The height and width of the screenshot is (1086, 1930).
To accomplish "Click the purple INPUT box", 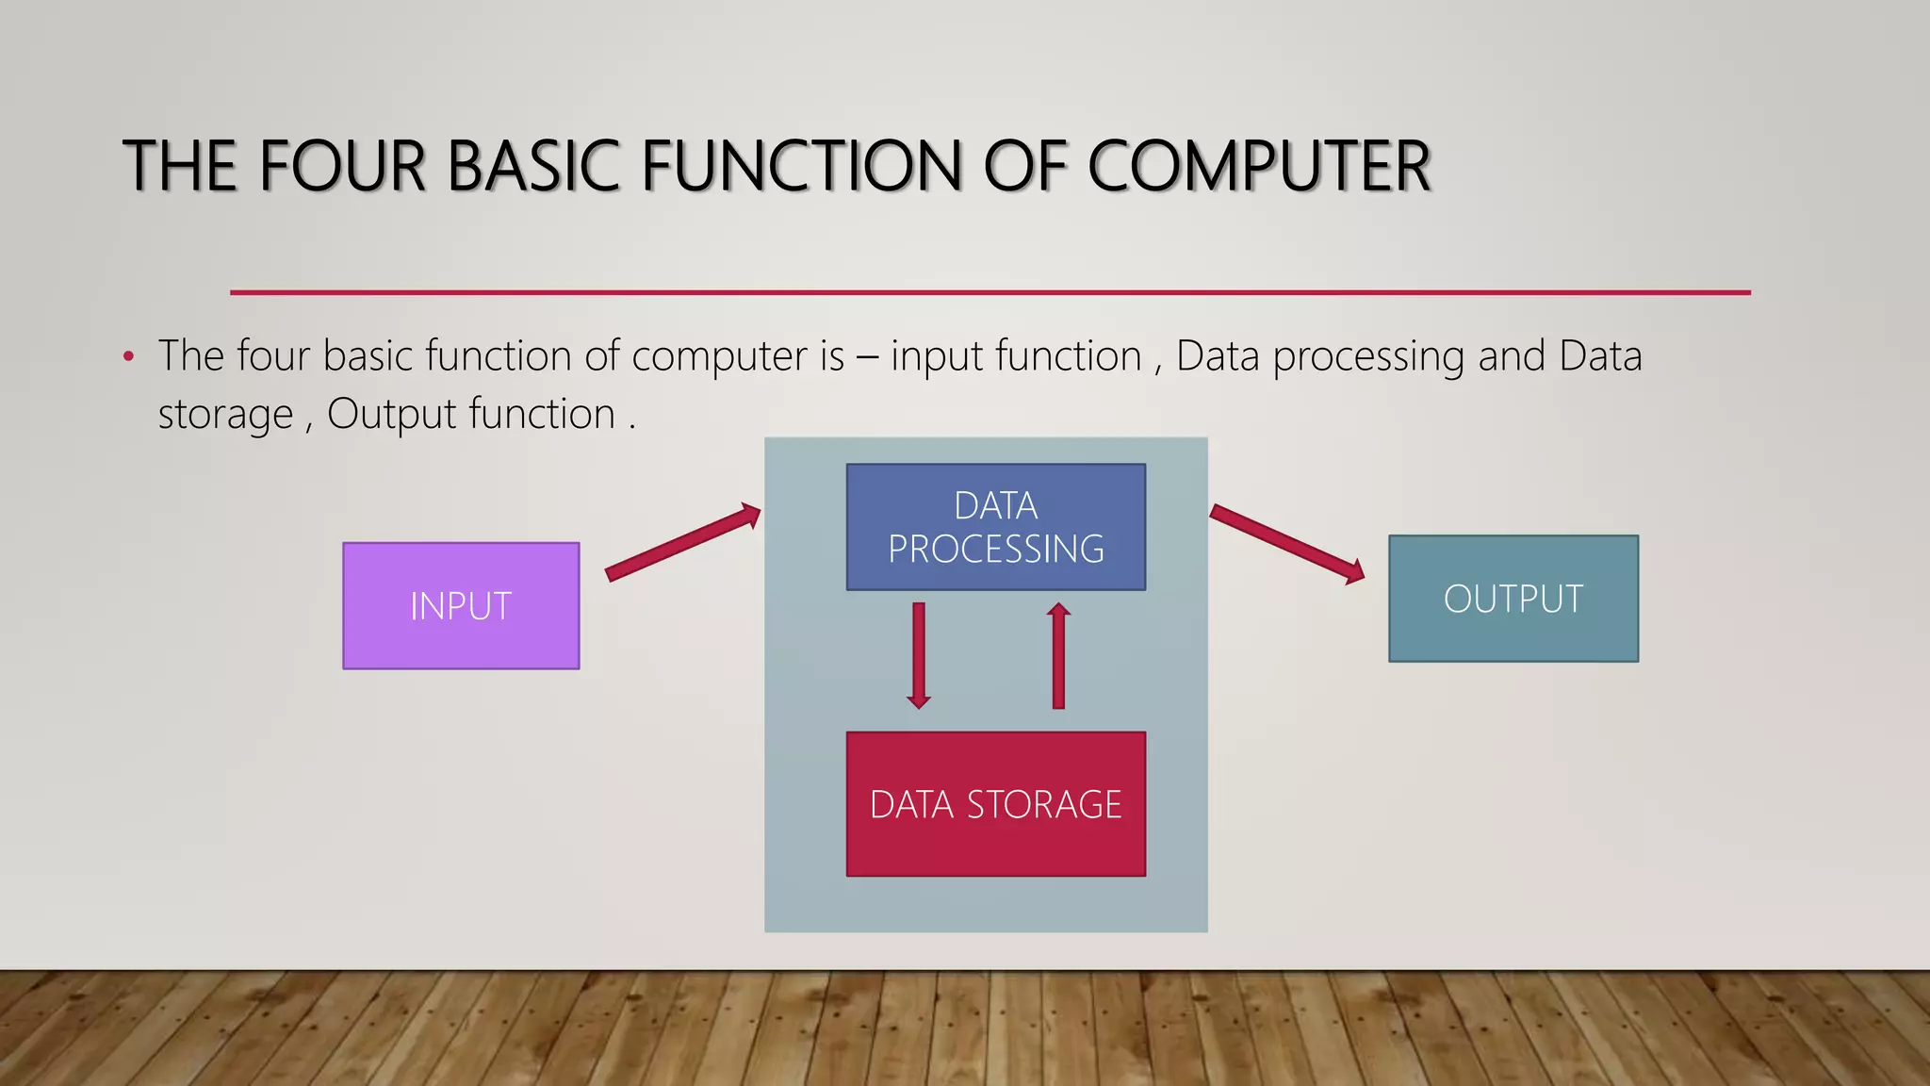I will [x=461, y=605].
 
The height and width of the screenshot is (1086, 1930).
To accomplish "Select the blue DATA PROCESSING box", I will [x=995, y=527].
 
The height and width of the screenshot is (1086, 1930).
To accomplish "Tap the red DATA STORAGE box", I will [x=995, y=804].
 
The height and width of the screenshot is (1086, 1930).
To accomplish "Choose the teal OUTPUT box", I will [x=1513, y=599].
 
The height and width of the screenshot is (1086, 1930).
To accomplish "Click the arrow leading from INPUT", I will [x=682, y=543].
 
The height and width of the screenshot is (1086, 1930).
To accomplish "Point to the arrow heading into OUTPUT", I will [x=1286, y=544].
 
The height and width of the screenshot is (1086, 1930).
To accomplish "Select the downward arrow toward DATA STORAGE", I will [x=919, y=655].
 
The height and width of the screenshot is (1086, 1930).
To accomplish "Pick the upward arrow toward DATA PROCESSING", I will [x=1058, y=655].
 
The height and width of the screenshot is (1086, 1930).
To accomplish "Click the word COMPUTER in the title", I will [x=1259, y=167].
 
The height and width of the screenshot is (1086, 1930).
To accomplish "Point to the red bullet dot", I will [x=129, y=357].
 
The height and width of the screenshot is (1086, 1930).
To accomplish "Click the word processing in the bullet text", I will [x=1368, y=357].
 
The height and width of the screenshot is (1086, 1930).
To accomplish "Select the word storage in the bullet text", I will [x=226, y=415].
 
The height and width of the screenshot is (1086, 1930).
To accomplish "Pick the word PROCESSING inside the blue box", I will [x=995, y=549].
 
